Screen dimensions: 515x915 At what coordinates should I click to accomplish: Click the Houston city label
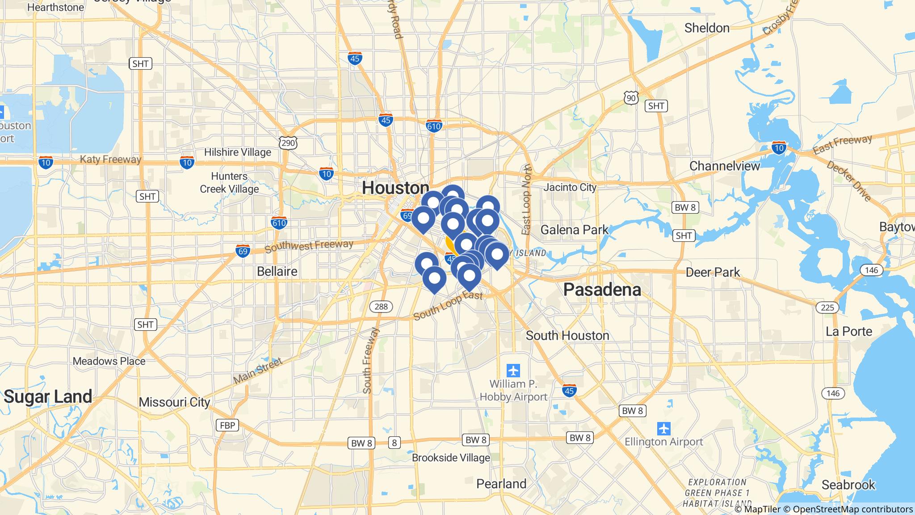[x=395, y=188]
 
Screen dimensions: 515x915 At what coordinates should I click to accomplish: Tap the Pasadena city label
[x=602, y=290]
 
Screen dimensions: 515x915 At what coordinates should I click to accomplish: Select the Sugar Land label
[x=48, y=397]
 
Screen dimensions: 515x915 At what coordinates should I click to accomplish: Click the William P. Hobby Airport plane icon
[x=513, y=371]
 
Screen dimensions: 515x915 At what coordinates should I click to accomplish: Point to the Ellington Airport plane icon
[x=664, y=428]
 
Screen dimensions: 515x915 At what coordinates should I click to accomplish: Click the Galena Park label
[x=574, y=230]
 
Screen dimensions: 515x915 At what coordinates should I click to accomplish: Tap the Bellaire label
[x=277, y=271]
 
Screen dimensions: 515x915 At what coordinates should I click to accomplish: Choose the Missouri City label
[x=174, y=402]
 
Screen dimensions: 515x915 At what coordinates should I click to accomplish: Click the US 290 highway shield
[x=288, y=143]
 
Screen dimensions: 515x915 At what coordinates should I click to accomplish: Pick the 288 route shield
[x=381, y=306]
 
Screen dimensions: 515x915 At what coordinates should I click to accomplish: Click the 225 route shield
[x=827, y=307]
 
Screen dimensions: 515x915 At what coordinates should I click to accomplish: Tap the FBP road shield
[x=227, y=425]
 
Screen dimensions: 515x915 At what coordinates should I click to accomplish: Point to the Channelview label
[x=724, y=166]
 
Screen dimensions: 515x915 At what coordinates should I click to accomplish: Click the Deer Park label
[x=713, y=272]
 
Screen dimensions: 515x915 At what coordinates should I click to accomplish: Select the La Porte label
[x=849, y=331]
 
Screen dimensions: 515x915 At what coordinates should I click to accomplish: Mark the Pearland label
[x=501, y=484]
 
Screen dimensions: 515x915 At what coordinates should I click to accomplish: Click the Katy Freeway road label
[x=110, y=159]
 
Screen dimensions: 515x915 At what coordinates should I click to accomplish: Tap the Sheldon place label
[x=707, y=28]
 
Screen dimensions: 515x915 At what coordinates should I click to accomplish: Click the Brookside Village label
[x=451, y=458]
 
